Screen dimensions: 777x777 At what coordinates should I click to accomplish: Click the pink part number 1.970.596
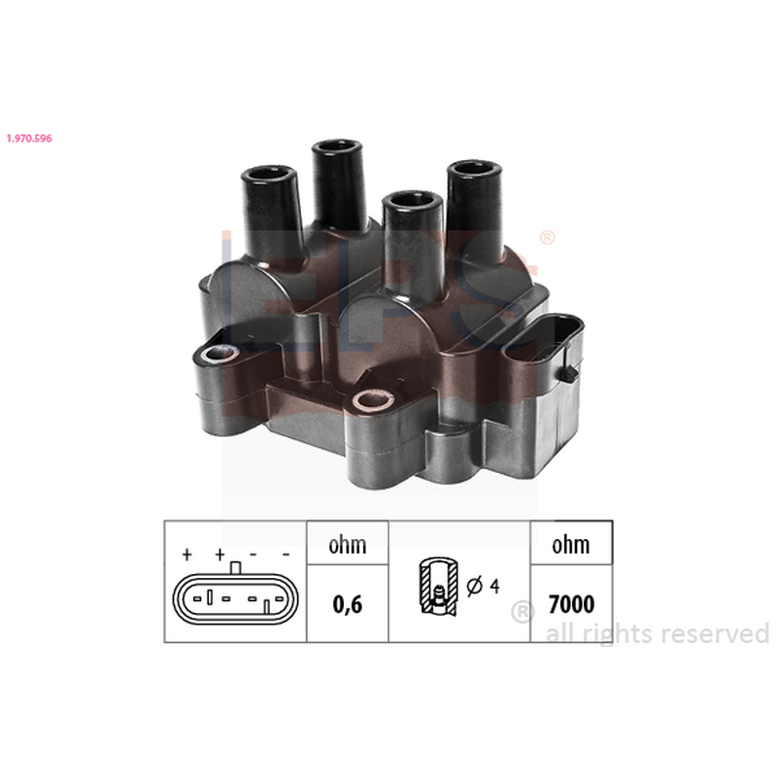pyautogui.click(x=29, y=138)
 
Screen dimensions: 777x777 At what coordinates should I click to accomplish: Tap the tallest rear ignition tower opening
pyautogui.click(x=337, y=147)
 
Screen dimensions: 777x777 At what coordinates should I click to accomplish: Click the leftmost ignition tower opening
pyautogui.click(x=268, y=174)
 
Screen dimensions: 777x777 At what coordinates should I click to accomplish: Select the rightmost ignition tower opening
pyautogui.click(x=474, y=168)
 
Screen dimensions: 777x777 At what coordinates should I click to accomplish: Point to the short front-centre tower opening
pyautogui.click(x=412, y=200)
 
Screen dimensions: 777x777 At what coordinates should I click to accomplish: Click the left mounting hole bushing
pyautogui.click(x=217, y=354)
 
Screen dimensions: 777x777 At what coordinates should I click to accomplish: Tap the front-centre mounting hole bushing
pyautogui.click(x=372, y=399)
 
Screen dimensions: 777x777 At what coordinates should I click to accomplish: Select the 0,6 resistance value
pyautogui.click(x=348, y=604)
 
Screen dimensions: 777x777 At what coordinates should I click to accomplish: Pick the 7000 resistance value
pyautogui.click(x=571, y=604)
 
